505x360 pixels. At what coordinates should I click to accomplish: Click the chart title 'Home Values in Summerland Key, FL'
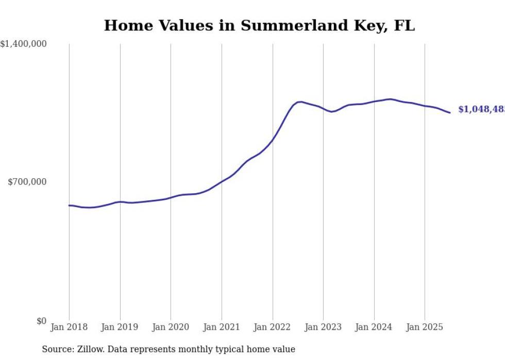pyautogui.click(x=259, y=26)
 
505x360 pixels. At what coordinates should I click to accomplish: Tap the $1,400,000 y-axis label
pyautogui.click(x=24, y=44)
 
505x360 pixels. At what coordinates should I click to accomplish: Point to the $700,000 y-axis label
pyautogui.click(x=27, y=182)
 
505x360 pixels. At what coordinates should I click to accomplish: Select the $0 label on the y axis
pyautogui.click(x=42, y=321)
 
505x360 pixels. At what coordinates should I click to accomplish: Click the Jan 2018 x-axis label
pyautogui.click(x=69, y=327)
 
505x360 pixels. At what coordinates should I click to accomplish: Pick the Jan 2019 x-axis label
pyautogui.click(x=120, y=327)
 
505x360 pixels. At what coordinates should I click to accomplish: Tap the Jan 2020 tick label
pyautogui.click(x=171, y=327)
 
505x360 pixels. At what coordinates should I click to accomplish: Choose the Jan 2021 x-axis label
pyautogui.click(x=222, y=327)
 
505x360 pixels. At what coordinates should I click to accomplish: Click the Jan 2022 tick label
pyautogui.click(x=273, y=327)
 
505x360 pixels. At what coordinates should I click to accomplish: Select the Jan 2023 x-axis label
pyautogui.click(x=323, y=327)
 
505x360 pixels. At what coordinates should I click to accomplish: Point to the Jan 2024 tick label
pyautogui.click(x=374, y=327)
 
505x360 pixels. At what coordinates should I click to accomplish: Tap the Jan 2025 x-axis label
pyautogui.click(x=425, y=327)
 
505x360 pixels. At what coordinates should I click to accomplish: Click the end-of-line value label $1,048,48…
pyautogui.click(x=481, y=109)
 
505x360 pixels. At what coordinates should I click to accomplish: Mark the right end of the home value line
pyautogui.click(x=450, y=113)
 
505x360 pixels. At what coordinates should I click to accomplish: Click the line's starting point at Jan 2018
pyautogui.click(x=69, y=205)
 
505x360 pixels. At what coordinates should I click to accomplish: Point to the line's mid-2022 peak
pyautogui.click(x=300, y=102)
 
